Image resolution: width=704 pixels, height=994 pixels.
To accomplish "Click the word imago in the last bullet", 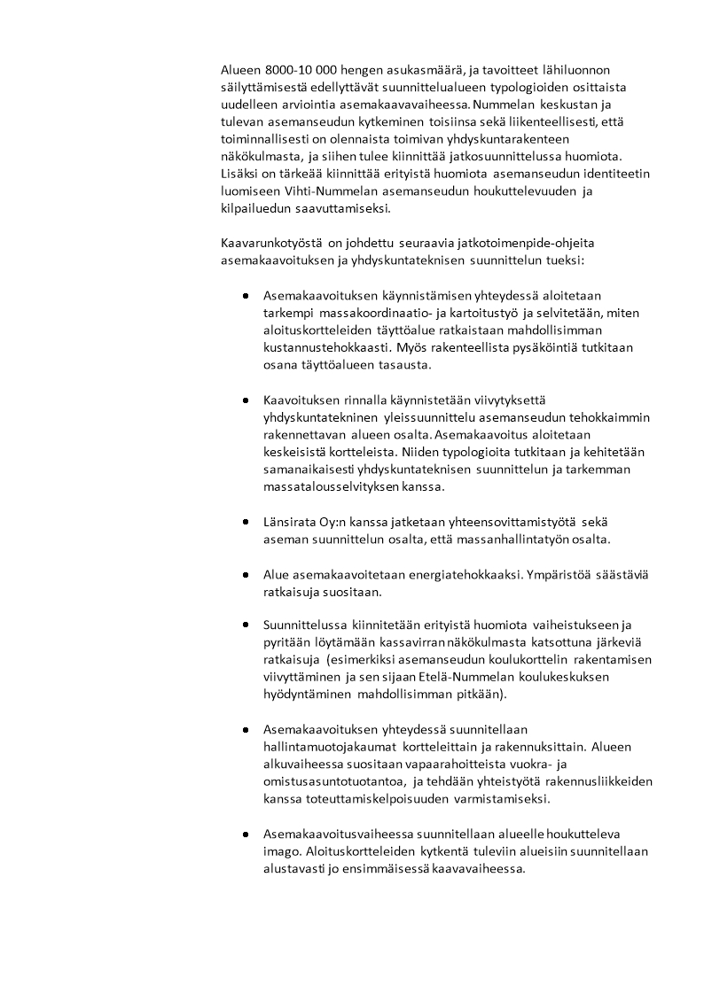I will click(281, 851).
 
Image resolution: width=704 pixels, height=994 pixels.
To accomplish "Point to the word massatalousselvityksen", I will click(332, 487).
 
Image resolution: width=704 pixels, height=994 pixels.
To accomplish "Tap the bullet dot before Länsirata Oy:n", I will click(245, 523).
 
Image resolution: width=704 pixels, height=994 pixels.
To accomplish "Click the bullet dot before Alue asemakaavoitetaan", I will click(245, 575).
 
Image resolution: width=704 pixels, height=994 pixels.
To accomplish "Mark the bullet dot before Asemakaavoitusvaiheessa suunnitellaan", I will click(245, 835).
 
